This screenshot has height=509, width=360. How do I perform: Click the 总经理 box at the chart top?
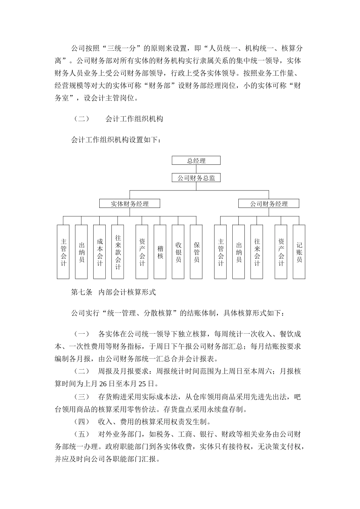(196, 161)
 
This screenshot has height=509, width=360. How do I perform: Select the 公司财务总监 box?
(196, 178)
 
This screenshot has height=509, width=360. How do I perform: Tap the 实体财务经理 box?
(130, 204)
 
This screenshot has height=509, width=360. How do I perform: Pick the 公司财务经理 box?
(269, 204)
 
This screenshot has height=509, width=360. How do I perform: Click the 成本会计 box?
(100, 252)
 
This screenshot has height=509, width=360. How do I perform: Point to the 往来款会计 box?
(118, 252)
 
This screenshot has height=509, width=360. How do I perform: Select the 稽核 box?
(160, 252)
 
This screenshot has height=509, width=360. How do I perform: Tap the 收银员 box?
(178, 252)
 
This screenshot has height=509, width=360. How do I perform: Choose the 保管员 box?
(196, 252)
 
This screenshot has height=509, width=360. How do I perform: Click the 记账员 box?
(299, 252)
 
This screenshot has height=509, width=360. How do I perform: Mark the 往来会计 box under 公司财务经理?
(257, 252)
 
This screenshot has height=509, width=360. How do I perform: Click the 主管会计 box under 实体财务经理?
(63, 252)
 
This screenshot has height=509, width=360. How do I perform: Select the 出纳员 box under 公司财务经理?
(239, 252)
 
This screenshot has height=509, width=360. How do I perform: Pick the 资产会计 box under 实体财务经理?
(142, 252)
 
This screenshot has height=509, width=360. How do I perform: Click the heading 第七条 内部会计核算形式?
(113, 292)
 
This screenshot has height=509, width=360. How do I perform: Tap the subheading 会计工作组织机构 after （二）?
(134, 119)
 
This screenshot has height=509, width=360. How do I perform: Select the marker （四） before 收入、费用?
(81, 422)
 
